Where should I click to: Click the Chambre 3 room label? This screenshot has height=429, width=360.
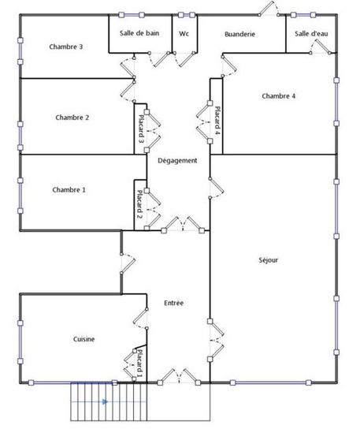[x=66, y=47]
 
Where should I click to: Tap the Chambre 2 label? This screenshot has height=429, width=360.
[x=72, y=118]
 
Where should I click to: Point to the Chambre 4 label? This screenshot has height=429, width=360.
[x=278, y=96]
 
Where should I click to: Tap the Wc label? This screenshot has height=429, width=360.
[x=184, y=33]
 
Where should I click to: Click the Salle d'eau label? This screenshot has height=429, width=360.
[x=311, y=33]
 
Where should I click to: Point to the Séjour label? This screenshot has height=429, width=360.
[x=269, y=259]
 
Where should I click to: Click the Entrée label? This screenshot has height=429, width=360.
[x=174, y=303]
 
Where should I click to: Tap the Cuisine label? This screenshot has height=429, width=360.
[x=84, y=339]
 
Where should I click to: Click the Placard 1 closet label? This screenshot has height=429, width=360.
[x=139, y=361]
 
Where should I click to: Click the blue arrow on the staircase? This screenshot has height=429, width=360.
[x=103, y=401]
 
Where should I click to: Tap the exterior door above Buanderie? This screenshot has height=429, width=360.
[x=269, y=9]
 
